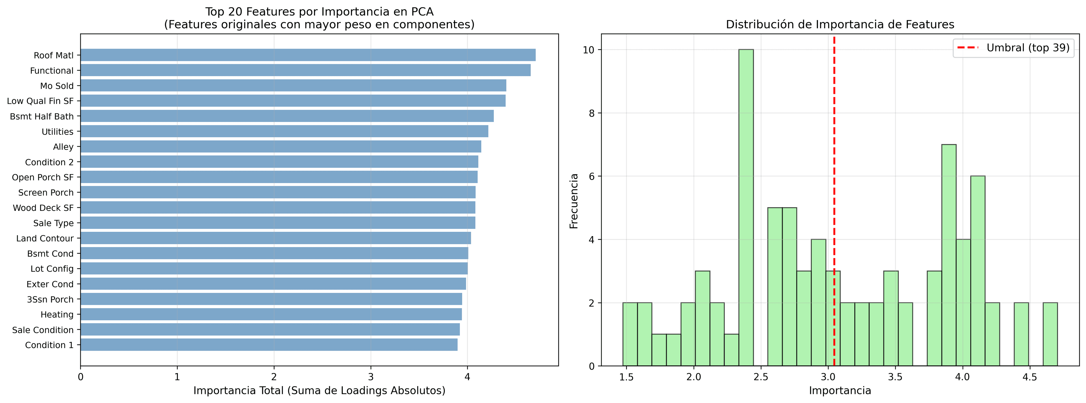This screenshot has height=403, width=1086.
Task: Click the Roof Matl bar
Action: tap(308, 55)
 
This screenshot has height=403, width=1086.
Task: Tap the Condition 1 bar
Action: tap(269, 345)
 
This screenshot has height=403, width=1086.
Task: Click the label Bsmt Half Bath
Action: tap(42, 117)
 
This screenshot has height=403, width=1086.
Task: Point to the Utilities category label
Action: tap(57, 132)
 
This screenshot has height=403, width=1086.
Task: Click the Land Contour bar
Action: tap(276, 238)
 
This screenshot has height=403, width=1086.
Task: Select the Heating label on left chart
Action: tap(57, 315)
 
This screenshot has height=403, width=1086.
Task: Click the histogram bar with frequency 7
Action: tap(949, 255)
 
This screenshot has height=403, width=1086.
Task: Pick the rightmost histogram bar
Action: tap(1050, 334)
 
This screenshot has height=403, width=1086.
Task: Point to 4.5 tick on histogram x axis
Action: tap(1029, 377)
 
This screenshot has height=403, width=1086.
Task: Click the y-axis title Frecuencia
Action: tap(574, 201)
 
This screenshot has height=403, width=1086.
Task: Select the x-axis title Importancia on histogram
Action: tap(840, 391)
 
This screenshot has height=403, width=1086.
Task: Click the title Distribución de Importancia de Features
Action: tap(840, 24)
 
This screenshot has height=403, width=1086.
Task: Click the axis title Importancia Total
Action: tap(319, 391)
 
